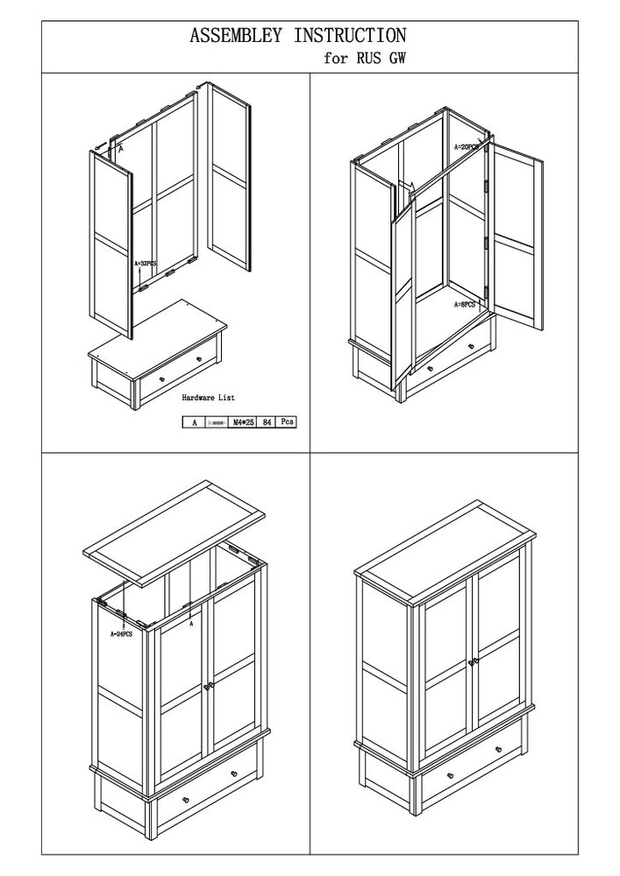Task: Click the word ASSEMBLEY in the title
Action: click(236, 36)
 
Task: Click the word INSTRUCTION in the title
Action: click(350, 36)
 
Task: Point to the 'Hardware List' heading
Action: click(209, 398)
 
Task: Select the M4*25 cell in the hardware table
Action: click(242, 421)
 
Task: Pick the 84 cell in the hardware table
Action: click(266, 421)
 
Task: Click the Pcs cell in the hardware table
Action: click(286, 421)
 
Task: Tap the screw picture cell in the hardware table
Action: click(217, 421)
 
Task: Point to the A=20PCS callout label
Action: click(467, 147)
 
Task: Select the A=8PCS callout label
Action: click(465, 304)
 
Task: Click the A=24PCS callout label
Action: click(121, 632)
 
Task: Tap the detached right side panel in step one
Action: click(230, 175)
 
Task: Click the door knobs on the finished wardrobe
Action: click(474, 661)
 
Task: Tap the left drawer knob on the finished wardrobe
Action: click(450, 776)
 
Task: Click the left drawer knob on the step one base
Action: click(162, 379)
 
